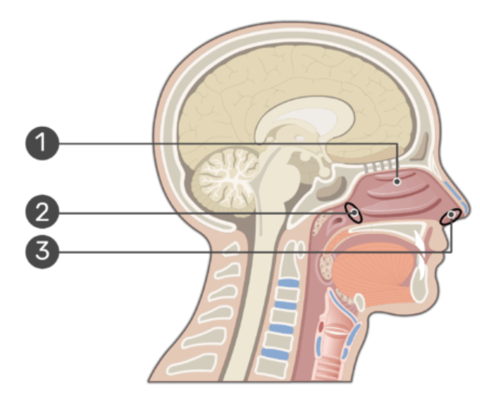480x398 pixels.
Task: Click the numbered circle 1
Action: click(42, 144)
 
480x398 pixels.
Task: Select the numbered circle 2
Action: click(42, 212)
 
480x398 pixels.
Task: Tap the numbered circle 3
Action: click(42, 252)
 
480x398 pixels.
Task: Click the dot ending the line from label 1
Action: click(397, 182)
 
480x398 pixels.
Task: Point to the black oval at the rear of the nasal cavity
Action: click(354, 213)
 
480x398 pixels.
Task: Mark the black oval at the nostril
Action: click(451, 216)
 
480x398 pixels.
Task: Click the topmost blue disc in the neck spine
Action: click(287, 283)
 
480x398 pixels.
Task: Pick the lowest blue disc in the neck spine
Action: click(275, 353)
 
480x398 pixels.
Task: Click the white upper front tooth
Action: click(420, 240)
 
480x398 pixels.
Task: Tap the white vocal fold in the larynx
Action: click(336, 331)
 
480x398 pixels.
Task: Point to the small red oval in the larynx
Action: click(321, 327)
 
